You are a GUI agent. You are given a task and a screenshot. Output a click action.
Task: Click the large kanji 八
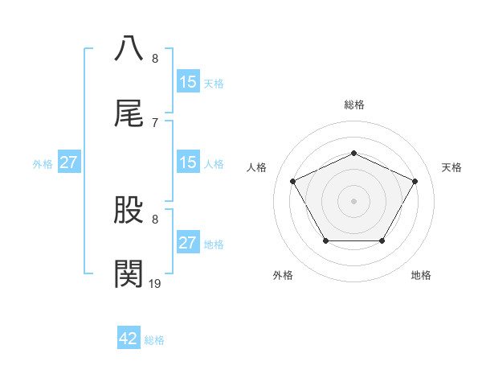coord(129,47)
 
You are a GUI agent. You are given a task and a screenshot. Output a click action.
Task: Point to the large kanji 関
coord(129,274)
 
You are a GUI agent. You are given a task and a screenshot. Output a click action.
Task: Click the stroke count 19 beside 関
coord(155,282)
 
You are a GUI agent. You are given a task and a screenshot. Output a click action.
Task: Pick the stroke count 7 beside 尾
coord(155,122)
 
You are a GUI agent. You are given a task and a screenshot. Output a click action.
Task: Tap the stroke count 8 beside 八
coord(155,59)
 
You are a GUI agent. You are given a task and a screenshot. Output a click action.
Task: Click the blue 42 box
coord(129,339)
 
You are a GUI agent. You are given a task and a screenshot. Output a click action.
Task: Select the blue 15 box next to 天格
coord(188,82)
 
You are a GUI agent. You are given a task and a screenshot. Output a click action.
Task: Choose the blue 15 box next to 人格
coord(188,162)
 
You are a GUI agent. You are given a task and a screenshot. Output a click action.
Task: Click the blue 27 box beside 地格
coord(188,243)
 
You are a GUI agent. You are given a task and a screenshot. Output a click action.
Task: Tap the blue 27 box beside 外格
coord(69,162)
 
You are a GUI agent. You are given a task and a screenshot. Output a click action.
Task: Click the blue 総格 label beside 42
coord(154,340)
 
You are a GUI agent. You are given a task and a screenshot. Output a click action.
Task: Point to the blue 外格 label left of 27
coord(43,163)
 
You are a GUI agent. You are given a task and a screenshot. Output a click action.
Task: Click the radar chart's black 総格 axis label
coord(353,105)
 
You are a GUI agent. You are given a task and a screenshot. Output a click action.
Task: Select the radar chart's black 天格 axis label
coord(452,167)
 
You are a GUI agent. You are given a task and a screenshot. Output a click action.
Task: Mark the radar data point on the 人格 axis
coord(293,181)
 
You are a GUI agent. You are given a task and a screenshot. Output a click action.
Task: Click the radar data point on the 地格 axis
coord(382,240)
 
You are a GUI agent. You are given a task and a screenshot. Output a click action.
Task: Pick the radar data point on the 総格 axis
coord(353,152)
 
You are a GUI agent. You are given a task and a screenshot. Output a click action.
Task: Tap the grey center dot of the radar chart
coord(353,200)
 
